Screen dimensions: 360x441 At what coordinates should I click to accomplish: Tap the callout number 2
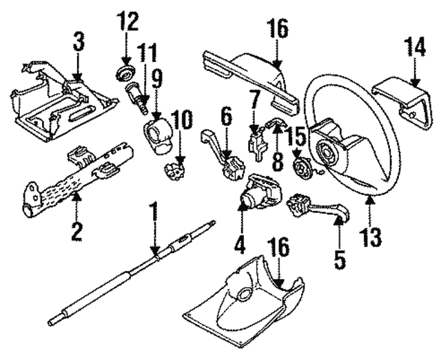pyautogui.click(x=76, y=228)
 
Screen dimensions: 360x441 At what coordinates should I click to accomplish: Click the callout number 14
pyautogui.click(x=416, y=49)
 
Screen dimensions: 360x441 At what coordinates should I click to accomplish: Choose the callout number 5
pyautogui.click(x=341, y=259)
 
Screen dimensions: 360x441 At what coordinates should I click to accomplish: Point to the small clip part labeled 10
pyautogui.click(x=178, y=167)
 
